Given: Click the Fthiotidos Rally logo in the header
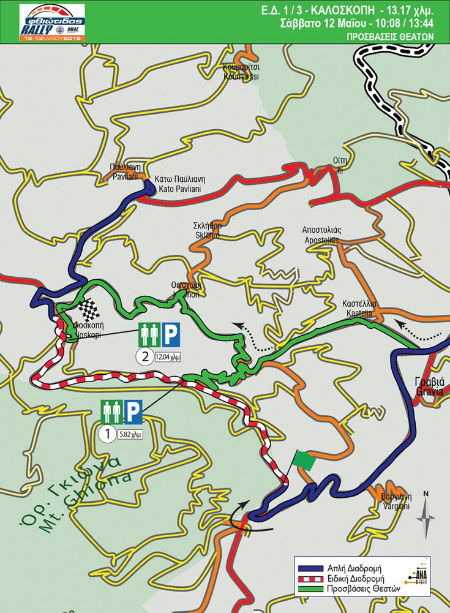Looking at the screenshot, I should (52, 23).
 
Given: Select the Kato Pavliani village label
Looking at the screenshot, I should (181, 184).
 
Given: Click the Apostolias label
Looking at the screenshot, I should (321, 235).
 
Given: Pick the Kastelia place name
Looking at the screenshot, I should (359, 308).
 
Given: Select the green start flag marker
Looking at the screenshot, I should (304, 461).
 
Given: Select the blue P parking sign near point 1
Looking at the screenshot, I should (133, 412).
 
